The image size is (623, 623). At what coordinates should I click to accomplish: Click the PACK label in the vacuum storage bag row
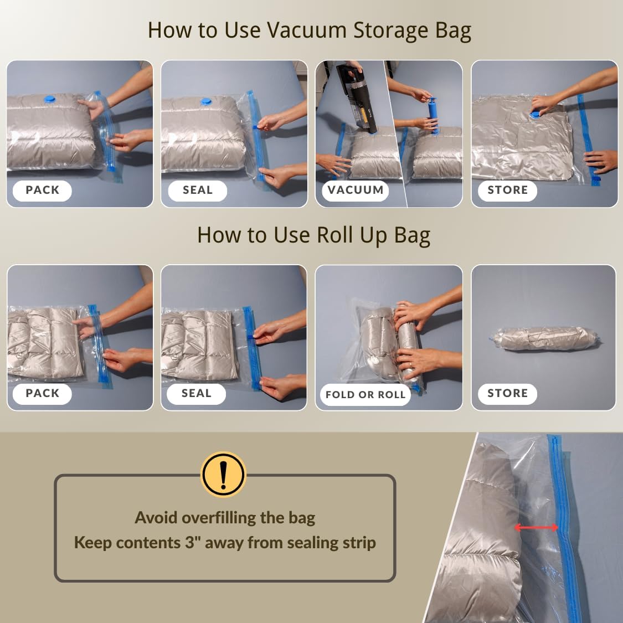[x=42, y=190]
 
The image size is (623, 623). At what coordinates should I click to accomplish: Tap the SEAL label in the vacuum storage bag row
[x=198, y=190]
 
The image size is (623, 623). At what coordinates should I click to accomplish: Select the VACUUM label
[x=355, y=190]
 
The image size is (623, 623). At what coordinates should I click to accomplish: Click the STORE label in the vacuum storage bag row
[x=507, y=190]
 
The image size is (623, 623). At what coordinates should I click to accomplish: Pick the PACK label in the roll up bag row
[x=42, y=393]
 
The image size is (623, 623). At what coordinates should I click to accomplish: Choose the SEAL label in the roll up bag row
[x=197, y=393]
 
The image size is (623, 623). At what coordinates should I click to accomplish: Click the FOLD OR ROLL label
[x=365, y=395]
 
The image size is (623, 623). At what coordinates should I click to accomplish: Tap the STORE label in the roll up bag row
[x=507, y=393]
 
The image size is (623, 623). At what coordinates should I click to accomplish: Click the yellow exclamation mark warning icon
[x=223, y=474]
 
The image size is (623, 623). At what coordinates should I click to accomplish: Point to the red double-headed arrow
[x=536, y=528]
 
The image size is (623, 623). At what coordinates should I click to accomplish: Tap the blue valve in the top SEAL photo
[x=206, y=102]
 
